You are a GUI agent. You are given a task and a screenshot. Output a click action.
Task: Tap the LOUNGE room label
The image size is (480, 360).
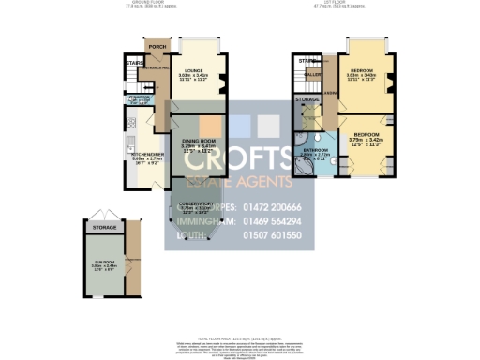[x=194, y=70]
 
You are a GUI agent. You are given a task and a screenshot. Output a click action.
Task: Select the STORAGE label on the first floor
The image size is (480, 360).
[x=307, y=98]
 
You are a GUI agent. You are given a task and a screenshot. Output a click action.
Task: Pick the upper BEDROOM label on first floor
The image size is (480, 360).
[x=363, y=70]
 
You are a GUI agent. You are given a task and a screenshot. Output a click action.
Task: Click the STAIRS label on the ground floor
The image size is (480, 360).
[x=132, y=64]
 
